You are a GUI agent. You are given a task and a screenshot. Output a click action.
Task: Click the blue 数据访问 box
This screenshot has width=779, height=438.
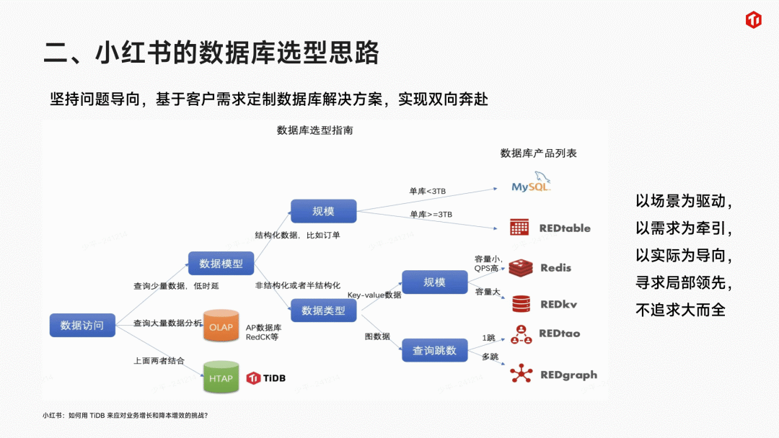point(82,325)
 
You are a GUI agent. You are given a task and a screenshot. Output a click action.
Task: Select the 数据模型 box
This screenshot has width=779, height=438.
point(221,264)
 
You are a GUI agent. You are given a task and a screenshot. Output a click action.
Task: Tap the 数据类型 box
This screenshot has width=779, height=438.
point(323,310)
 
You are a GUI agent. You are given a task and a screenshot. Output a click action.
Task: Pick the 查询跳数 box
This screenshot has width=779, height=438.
point(434,350)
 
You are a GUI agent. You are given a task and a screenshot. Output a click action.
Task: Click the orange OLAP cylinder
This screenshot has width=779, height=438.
point(221,327)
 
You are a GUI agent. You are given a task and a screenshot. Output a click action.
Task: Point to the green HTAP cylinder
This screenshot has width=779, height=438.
point(221,377)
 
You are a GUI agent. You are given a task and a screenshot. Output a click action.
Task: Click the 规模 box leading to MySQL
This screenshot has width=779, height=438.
point(323,211)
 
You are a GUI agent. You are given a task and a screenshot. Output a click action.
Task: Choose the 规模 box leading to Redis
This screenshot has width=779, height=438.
point(434,282)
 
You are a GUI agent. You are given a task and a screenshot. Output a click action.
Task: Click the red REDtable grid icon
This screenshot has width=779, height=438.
point(519,228)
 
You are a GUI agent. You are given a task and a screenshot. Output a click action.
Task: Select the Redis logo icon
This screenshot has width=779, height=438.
point(521,268)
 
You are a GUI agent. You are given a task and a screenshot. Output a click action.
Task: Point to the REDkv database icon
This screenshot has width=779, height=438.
point(521,304)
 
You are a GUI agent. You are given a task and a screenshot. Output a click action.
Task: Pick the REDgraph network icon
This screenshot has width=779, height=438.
point(521,374)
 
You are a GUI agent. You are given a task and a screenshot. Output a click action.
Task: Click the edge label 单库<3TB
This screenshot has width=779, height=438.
point(428,191)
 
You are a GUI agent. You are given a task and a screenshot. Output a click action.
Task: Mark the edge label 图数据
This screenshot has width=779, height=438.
point(377,336)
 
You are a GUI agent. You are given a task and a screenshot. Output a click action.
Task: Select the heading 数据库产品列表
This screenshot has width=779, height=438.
point(539,153)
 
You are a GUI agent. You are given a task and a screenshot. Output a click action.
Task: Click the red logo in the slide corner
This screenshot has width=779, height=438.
point(753,20)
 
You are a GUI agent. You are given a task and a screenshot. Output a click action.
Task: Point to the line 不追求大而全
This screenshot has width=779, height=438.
point(680,310)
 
